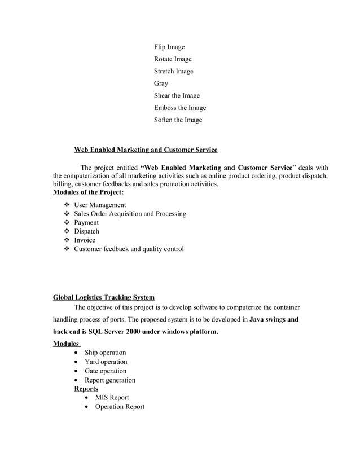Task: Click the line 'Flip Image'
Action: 169,47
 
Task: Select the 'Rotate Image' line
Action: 173,59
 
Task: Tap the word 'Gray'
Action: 161,83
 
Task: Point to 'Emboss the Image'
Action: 180,108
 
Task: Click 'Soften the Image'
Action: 178,120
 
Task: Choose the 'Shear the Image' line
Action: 177,96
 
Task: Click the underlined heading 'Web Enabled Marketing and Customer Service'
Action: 146,150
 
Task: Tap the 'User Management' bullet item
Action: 100,205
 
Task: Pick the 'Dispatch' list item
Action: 86,231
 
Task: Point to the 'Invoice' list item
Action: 85,240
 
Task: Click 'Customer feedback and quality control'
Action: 129,249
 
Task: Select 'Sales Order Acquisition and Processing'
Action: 130,214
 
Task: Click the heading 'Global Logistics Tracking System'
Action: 103,297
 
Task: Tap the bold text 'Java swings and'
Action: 274,319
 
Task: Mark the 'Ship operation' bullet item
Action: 105,353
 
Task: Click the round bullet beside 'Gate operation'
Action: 77,371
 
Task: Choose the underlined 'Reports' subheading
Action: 86,389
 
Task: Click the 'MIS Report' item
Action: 112,398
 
